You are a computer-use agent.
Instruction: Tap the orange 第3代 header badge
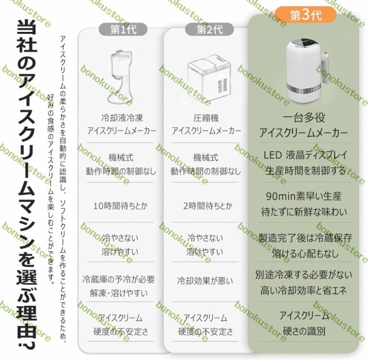306,15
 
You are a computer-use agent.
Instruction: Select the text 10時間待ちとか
120,206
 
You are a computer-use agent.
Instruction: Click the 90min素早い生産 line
304,196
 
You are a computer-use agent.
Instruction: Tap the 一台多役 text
304,118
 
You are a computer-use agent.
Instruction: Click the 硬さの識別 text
304,331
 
